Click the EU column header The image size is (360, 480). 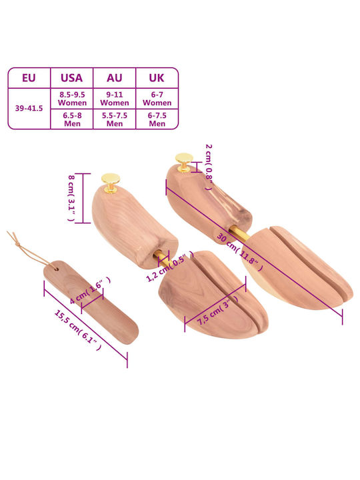pyautogui.click(x=29, y=78)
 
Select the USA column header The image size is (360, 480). pyautogui.click(x=71, y=78)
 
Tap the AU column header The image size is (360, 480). pyautogui.click(x=114, y=78)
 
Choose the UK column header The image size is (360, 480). pyautogui.click(x=157, y=78)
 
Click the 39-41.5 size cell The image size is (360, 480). pyautogui.click(x=29, y=109)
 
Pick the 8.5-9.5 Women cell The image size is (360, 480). pyautogui.click(x=72, y=99)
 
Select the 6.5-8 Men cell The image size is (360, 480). pyautogui.click(x=72, y=119)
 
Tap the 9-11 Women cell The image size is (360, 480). pyautogui.click(x=115, y=99)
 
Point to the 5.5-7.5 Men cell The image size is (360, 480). pyautogui.click(x=115, y=119)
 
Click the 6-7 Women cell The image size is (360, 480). pyautogui.click(x=157, y=99)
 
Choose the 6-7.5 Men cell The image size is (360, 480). pyautogui.click(x=157, y=119)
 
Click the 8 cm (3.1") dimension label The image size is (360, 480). pyautogui.click(x=71, y=198)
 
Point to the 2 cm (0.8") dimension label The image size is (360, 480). pyautogui.click(x=209, y=167)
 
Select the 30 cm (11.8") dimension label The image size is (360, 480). pyautogui.click(x=240, y=252)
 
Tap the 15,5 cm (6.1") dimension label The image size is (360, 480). pyautogui.click(x=78, y=330)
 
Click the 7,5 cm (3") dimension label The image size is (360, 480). pyautogui.click(x=218, y=311)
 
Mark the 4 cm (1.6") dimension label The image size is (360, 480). pyautogui.click(x=90, y=290)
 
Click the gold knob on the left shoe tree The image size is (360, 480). pyautogui.click(x=111, y=183)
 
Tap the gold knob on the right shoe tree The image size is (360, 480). pyautogui.click(x=184, y=162)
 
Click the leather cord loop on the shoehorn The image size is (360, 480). pyautogui.click(x=30, y=251)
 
